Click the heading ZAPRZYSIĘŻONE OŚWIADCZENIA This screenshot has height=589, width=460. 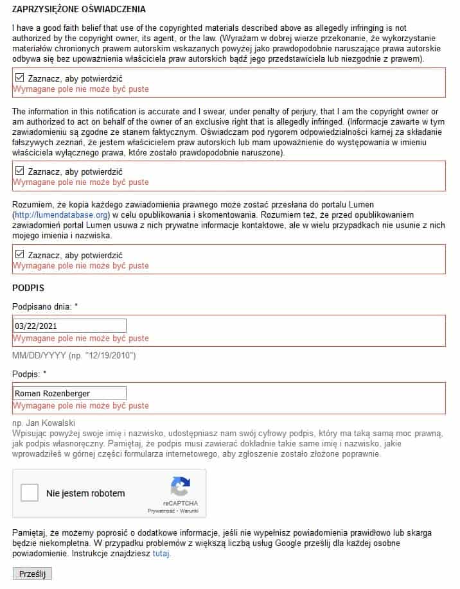[x=79, y=9]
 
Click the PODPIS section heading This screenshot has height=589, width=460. [x=28, y=287]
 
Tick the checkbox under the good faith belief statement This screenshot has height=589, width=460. [x=19, y=78]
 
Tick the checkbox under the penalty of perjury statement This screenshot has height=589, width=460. [x=19, y=171]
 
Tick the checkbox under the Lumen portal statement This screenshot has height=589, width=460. [x=19, y=254]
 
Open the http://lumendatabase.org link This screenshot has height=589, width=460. [x=62, y=214]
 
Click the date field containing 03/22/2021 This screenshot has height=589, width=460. [x=70, y=326]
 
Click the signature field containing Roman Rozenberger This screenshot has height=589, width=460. [x=70, y=393]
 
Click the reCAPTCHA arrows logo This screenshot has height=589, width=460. [x=180, y=486]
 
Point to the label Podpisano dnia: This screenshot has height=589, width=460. [x=44, y=306]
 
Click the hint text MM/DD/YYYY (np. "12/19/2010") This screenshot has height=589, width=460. [x=74, y=355]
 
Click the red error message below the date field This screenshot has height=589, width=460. [x=81, y=338]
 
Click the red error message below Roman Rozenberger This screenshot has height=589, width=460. [x=81, y=406]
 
